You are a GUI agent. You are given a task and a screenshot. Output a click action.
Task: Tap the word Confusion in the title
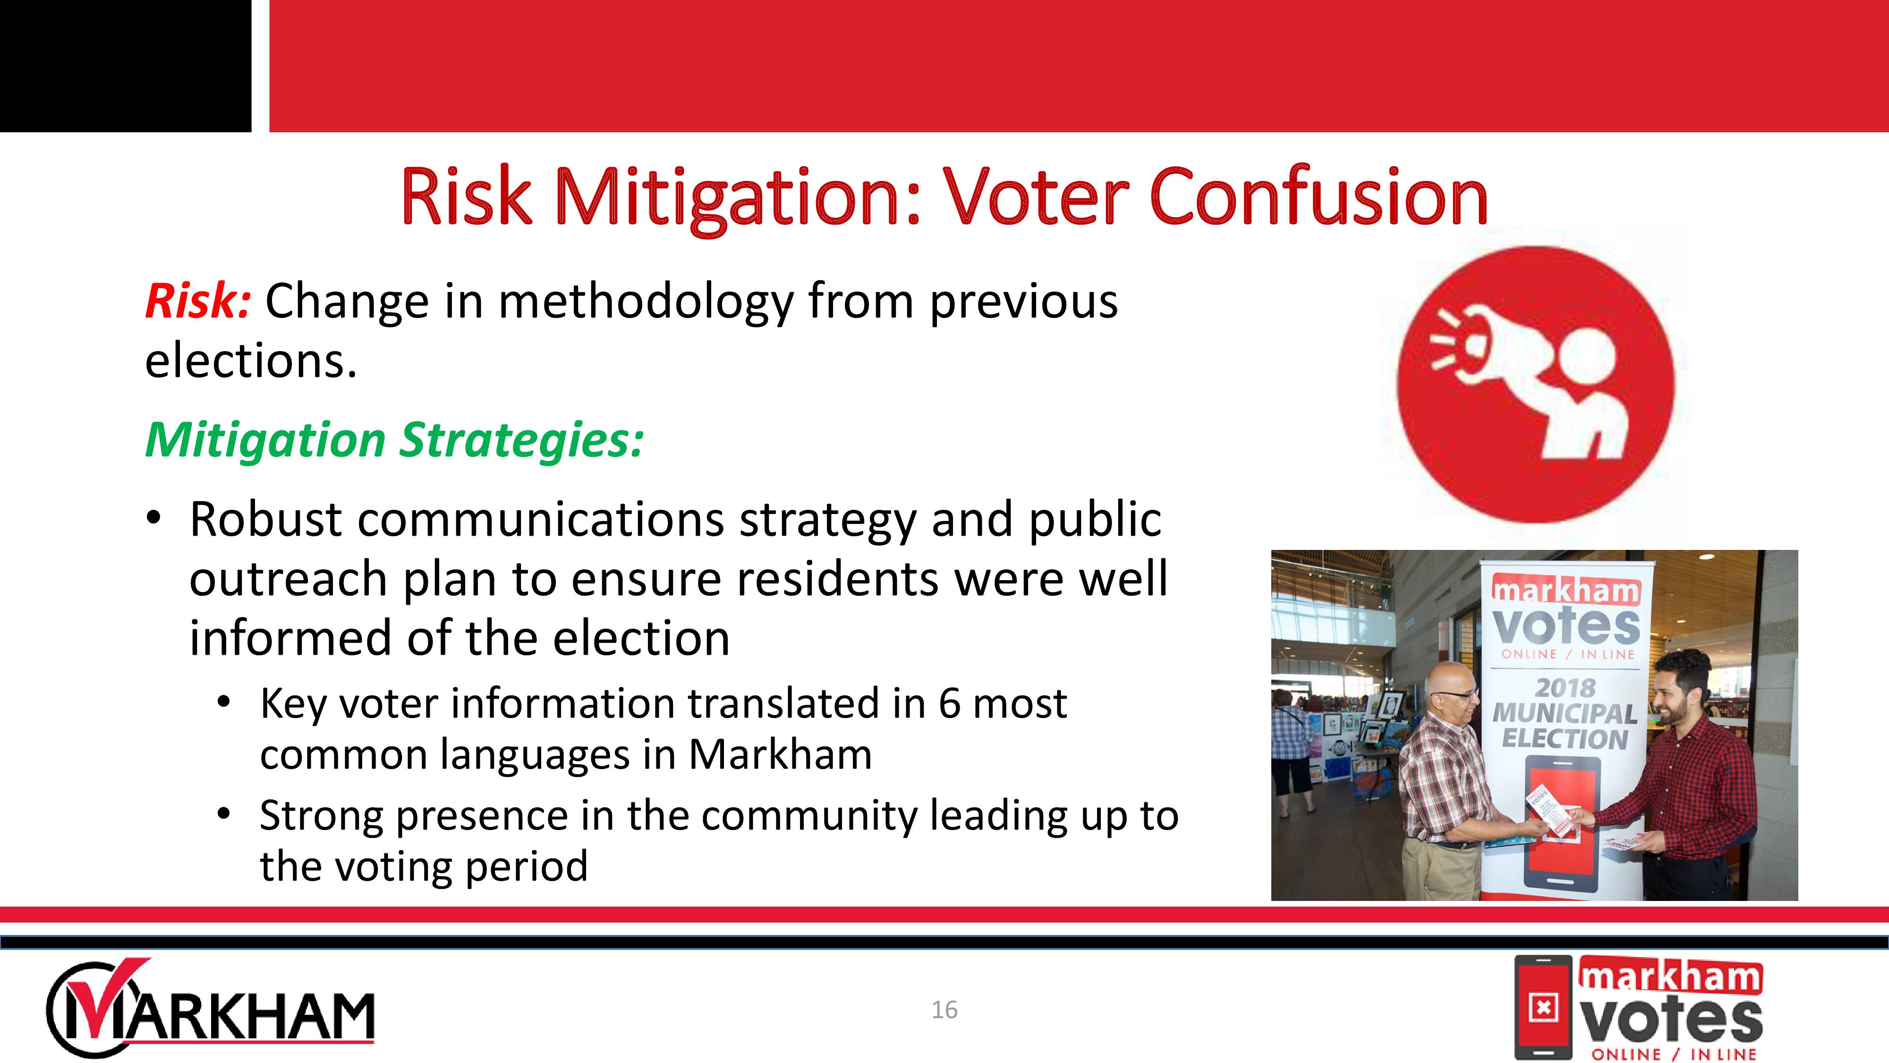1319,197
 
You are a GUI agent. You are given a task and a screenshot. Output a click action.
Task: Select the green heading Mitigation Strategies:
394,440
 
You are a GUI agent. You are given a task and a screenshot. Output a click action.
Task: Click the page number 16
944,1010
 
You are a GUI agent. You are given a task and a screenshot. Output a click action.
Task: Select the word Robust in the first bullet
265,519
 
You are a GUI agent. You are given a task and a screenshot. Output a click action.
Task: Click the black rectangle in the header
126,66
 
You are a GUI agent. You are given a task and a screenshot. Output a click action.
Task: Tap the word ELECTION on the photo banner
1565,738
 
